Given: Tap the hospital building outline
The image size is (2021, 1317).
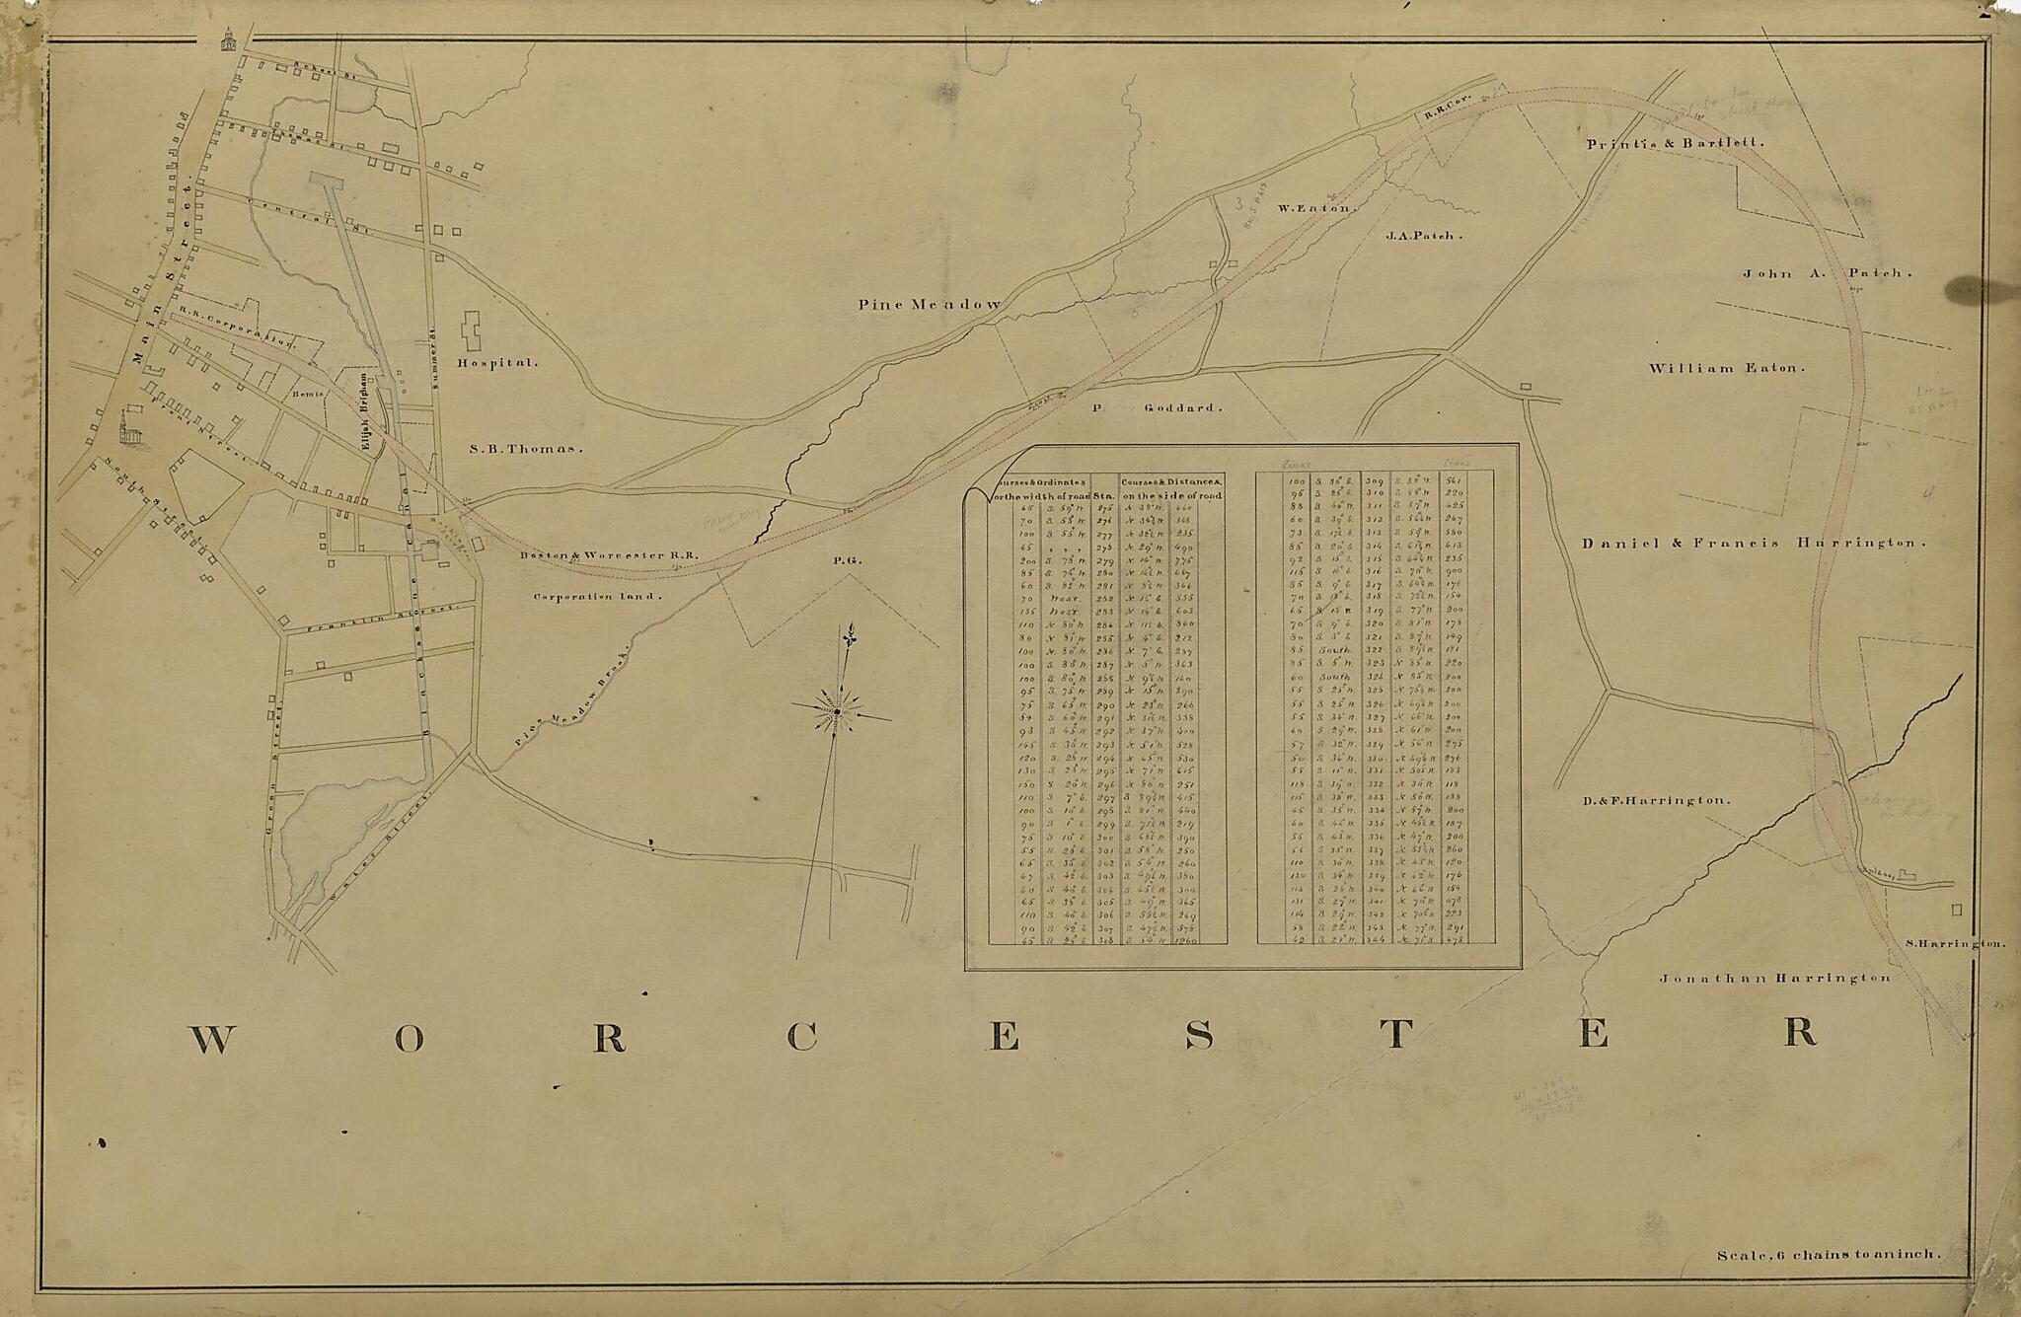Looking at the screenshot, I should click(x=472, y=331).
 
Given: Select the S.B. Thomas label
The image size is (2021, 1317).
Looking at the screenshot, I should click(x=525, y=448).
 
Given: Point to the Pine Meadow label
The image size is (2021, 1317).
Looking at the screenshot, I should click(x=930, y=305).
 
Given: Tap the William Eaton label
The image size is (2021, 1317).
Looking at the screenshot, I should click(x=1726, y=368).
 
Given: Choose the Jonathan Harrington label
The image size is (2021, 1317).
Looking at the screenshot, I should click(x=1774, y=978).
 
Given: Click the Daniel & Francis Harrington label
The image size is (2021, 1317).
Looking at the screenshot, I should click(x=1754, y=543).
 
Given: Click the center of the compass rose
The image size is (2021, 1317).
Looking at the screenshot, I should click(x=836, y=711).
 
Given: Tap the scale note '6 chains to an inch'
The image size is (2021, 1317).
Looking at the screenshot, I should click(x=1828, y=1255).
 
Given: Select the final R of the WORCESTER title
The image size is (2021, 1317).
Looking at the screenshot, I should click(x=1798, y=1032).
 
